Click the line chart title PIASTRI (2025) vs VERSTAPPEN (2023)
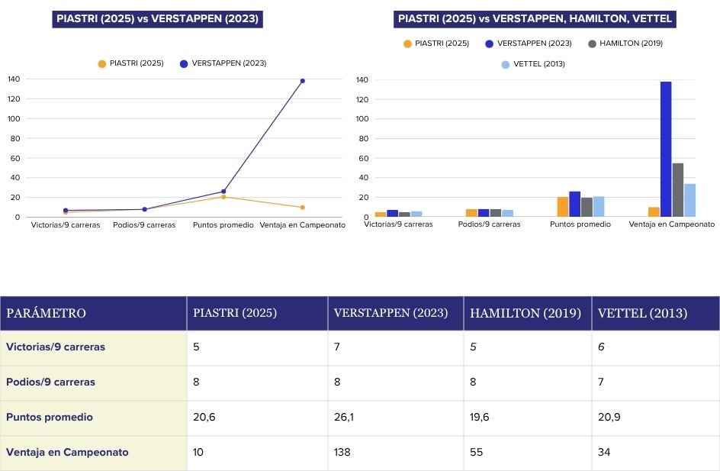point(158,19)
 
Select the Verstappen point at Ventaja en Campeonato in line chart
point(302,81)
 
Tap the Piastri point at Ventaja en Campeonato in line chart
point(302,207)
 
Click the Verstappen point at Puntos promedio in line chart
point(223,192)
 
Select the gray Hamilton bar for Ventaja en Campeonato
point(678,190)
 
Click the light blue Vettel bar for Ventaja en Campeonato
point(689,200)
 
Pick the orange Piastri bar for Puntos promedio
point(563,207)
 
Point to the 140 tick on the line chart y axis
point(14,79)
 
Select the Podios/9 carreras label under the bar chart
point(490,224)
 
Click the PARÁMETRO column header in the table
point(47,314)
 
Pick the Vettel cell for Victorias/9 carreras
point(601,347)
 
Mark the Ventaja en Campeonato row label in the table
point(67,453)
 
